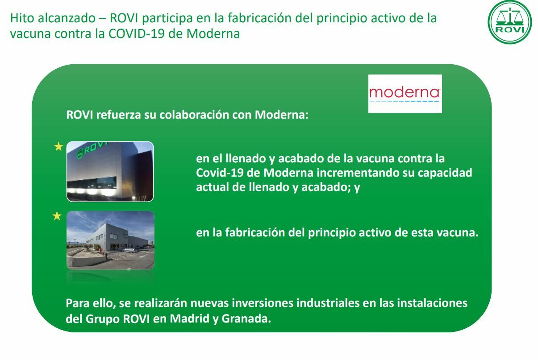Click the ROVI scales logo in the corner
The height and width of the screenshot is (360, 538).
[x=510, y=22]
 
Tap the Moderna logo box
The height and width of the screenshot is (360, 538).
[x=405, y=94]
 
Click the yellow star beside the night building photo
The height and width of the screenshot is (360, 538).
[x=58, y=146]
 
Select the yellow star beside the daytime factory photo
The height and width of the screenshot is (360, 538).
[x=57, y=216]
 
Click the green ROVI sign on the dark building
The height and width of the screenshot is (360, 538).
[x=91, y=150]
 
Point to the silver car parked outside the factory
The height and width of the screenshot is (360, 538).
[x=129, y=250]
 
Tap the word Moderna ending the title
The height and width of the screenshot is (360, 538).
[x=213, y=33]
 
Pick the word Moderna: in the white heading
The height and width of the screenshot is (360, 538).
[x=282, y=115]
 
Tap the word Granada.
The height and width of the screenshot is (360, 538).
[x=246, y=319]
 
